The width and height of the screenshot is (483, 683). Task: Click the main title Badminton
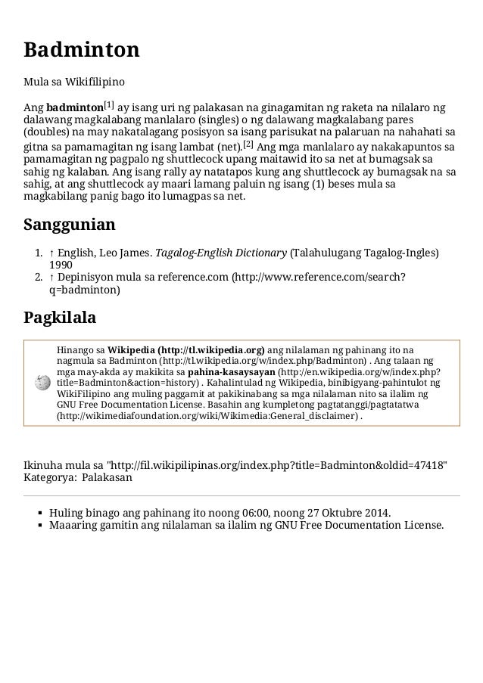coord(82,51)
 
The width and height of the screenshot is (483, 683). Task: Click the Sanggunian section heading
coord(70,225)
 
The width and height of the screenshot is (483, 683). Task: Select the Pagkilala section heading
coord(60,317)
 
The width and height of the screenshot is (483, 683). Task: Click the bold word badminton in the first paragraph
coord(74,107)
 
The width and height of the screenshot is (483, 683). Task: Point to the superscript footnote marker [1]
coord(109,103)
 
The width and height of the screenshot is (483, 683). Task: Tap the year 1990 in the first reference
coord(61,265)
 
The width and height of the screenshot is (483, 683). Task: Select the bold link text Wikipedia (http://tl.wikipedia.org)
coord(186,350)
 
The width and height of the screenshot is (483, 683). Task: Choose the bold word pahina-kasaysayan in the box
coord(232,372)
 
